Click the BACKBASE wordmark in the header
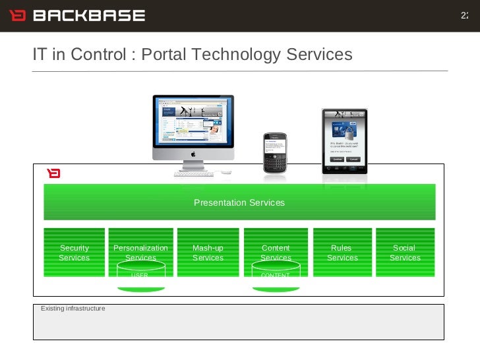point(88,15)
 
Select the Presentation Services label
point(239,202)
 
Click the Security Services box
point(74,253)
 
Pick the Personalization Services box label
point(140,252)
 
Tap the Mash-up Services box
point(208,253)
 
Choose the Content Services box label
point(276,252)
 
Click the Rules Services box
point(342,253)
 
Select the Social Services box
point(405,253)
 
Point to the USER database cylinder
point(140,275)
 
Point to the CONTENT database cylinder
point(276,275)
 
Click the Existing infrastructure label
point(73,308)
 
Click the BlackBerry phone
point(275,154)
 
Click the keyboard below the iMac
point(194,173)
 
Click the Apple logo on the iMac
point(194,154)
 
